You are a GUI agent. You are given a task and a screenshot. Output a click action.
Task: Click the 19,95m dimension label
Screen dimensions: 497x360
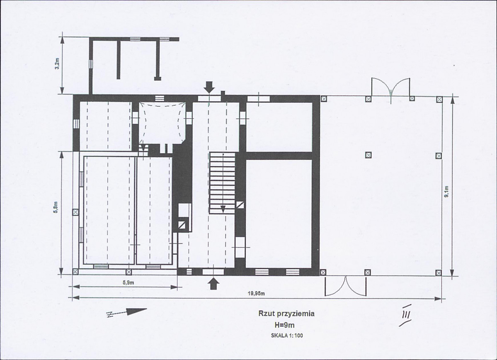pyautogui.click(x=256, y=293)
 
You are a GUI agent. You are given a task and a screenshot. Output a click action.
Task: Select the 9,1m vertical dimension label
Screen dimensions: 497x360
pyautogui.click(x=446, y=191)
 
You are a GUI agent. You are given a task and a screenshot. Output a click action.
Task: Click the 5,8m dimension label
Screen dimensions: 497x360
pyautogui.click(x=56, y=208)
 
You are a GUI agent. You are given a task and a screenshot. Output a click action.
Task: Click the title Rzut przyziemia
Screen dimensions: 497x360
pyautogui.click(x=286, y=314)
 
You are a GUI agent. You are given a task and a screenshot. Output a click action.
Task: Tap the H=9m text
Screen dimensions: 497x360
pyautogui.click(x=286, y=325)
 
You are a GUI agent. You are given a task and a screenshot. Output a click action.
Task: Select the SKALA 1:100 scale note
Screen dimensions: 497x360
pyautogui.click(x=287, y=335)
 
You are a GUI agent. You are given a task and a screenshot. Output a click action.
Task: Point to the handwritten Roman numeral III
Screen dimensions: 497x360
pyautogui.click(x=406, y=315)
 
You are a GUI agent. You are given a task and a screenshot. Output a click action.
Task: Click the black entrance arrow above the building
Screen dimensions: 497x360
pyautogui.click(x=209, y=87)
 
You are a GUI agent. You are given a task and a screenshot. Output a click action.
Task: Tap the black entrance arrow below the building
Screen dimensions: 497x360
pyautogui.click(x=214, y=283)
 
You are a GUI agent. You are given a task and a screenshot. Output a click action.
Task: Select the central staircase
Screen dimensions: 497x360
pyautogui.click(x=222, y=182)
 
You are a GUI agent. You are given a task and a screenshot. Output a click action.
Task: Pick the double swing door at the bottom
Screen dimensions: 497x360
pyautogui.click(x=345, y=286)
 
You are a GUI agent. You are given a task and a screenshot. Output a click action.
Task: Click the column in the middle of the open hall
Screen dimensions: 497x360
pyautogui.click(x=368, y=155)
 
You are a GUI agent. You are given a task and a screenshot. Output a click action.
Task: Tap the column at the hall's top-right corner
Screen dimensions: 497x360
pyautogui.click(x=439, y=99)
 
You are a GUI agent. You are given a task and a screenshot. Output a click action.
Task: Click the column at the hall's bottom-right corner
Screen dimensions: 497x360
pyautogui.click(x=439, y=273)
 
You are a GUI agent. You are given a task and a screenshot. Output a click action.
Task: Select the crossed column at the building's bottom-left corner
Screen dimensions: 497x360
pyautogui.click(x=75, y=272)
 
